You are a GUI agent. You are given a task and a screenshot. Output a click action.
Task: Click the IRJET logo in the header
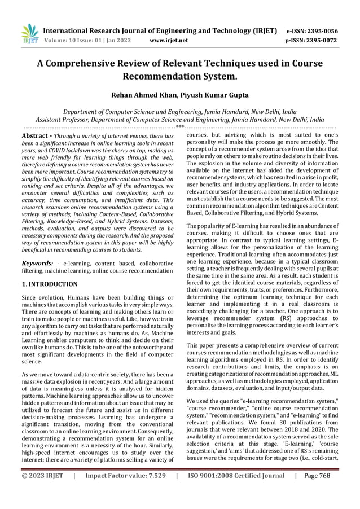point(28,34)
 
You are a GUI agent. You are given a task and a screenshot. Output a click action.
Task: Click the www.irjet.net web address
point(169,41)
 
